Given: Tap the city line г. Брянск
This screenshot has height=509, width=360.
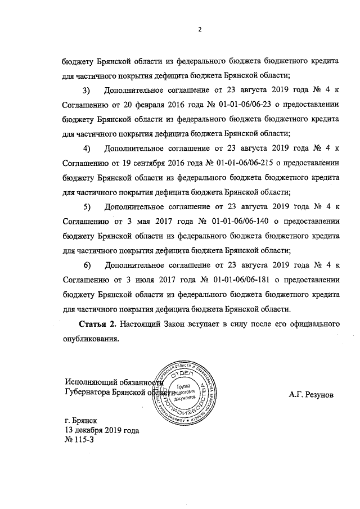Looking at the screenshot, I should [81, 420].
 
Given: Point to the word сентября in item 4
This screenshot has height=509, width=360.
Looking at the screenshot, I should [148, 164].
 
